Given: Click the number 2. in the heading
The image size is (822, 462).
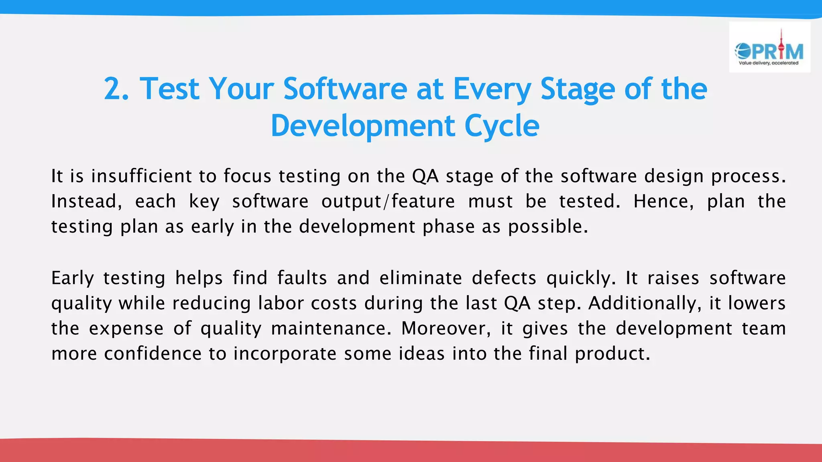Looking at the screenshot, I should click(x=116, y=89).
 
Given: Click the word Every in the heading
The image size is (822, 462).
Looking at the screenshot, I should click(x=492, y=89).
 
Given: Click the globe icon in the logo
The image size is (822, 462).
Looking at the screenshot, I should click(x=743, y=51).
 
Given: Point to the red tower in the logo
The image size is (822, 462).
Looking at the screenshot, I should click(x=781, y=46).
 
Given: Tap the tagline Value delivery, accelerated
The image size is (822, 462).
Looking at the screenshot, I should click(x=768, y=63).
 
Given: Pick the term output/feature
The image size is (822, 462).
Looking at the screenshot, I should click(x=388, y=201).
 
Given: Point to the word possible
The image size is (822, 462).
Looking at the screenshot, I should click(x=547, y=227).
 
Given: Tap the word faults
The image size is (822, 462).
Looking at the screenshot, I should click(x=302, y=278).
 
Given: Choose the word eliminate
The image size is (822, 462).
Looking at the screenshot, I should click(x=421, y=278).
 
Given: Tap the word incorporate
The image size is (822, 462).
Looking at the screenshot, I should click(x=285, y=354).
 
